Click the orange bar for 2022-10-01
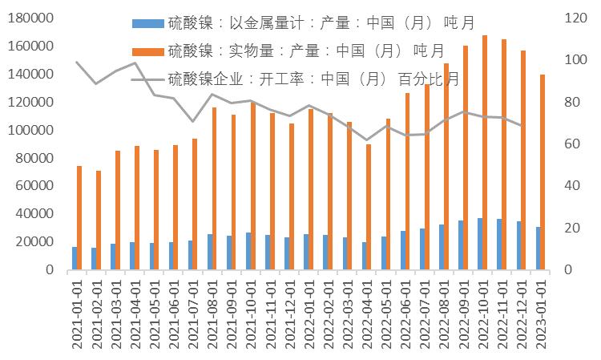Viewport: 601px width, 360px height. pyautogui.click(x=485, y=152)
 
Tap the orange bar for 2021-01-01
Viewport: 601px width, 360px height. pyautogui.click(x=79, y=217)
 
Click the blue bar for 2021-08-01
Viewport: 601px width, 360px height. pyautogui.click(x=209, y=252)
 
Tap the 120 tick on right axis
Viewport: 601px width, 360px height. pyautogui.click(x=571, y=18)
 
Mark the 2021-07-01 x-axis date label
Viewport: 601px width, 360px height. pyautogui.click(x=193, y=313)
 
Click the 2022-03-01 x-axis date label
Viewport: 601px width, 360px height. pyautogui.click(x=347, y=313)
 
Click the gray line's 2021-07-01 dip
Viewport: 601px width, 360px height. pyautogui.click(x=192, y=122)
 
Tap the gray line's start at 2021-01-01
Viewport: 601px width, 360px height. pyautogui.click(x=77, y=63)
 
